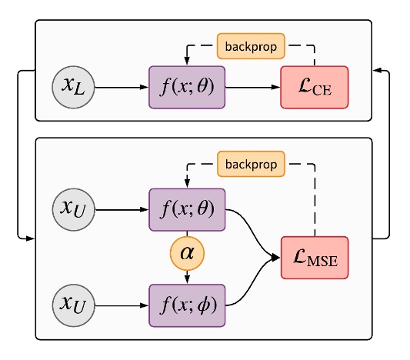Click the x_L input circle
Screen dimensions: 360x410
74,87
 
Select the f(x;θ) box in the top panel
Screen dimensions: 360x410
187,87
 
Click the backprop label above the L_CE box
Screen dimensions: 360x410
251,45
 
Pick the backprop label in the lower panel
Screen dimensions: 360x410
251,164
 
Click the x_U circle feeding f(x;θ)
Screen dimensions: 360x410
74,208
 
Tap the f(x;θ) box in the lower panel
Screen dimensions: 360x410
187,208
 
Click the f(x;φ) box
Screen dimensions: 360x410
187,304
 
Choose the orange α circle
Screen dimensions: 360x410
187,255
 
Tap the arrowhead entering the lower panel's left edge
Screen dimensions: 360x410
31,239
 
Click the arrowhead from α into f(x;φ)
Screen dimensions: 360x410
187,279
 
